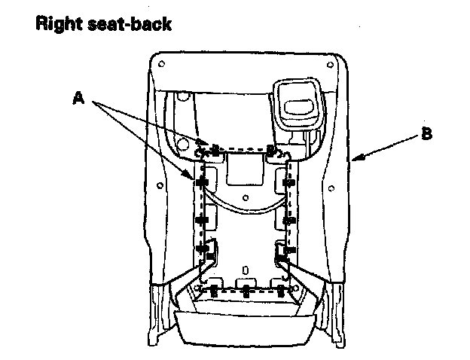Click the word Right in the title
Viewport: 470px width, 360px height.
tap(58, 23)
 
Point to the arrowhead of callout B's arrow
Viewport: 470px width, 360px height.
tap(353, 159)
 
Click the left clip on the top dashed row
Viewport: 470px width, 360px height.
tap(215, 148)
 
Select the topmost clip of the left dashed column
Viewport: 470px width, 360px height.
tap(201, 182)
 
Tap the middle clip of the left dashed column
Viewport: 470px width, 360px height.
tap(201, 220)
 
